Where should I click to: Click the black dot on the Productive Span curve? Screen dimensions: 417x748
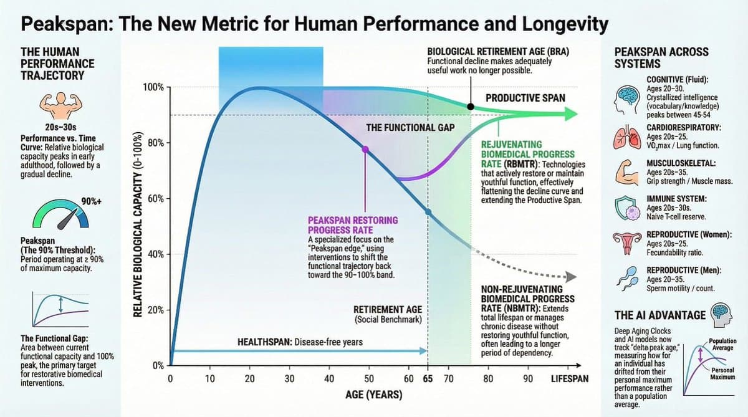[471, 107]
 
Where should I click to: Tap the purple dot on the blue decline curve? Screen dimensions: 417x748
[365, 149]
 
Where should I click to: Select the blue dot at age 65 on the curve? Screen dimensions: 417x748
[428, 212]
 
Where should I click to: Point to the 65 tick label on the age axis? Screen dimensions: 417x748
[428, 378]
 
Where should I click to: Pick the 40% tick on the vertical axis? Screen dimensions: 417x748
[155, 254]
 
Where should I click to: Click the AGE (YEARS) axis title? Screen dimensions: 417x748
[373, 396]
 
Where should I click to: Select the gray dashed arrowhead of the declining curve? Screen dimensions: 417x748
[569, 277]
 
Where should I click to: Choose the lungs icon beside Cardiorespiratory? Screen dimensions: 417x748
[627, 136]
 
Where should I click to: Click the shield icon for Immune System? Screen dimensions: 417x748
[627, 208]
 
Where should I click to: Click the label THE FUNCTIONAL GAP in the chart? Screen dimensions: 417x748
[410, 127]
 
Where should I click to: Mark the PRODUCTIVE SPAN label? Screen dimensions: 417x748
[525, 98]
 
